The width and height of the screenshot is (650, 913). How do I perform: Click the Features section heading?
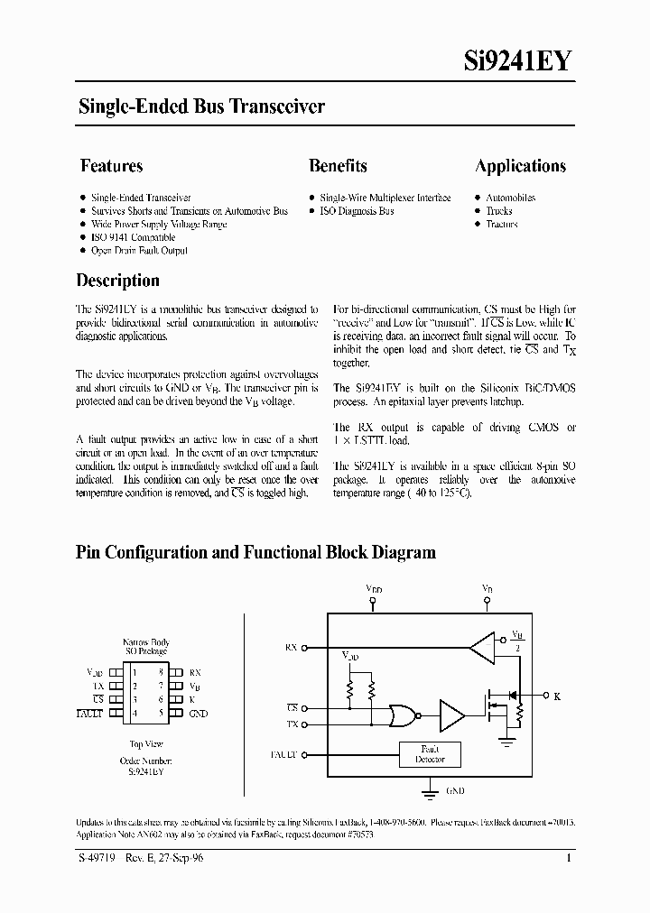coord(111,166)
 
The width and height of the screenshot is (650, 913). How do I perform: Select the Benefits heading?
coord(338,166)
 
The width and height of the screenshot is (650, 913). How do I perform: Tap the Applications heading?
coord(520,166)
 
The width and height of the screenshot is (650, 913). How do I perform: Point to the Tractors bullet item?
coord(501,224)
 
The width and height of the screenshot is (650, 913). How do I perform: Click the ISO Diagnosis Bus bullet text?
coord(357,211)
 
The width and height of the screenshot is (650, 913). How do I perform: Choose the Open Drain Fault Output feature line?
coord(139,251)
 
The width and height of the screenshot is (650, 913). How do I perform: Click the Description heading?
coord(117,281)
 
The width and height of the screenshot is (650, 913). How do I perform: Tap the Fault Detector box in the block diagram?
coord(430,754)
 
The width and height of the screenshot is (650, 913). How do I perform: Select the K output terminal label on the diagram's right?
coord(556,696)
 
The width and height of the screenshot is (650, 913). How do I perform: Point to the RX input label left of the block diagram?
coord(291,648)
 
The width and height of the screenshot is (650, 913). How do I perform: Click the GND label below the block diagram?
coord(455,790)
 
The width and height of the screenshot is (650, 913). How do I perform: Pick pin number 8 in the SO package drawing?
coord(160,672)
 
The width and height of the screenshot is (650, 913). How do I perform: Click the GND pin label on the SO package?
coord(199,714)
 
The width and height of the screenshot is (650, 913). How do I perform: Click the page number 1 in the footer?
coord(569,859)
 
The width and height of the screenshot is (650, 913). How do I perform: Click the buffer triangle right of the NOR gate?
coord(450,715)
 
